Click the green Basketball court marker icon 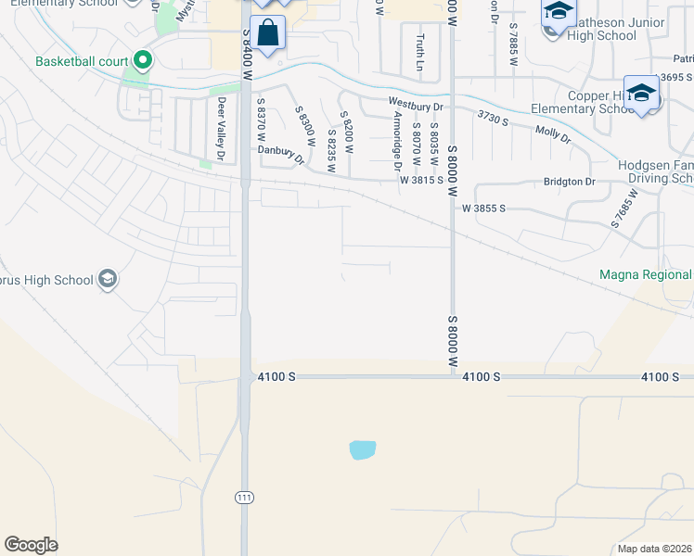point(142,62)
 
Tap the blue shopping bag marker point(267,33)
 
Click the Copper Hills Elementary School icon point(641,94)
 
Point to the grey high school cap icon point(108,280)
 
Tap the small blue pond point(363,450)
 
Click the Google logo point(31,545)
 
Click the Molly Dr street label point(553,133)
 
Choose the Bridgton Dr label point(571,182)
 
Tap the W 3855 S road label point(482,208)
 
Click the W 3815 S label point(421,182)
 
